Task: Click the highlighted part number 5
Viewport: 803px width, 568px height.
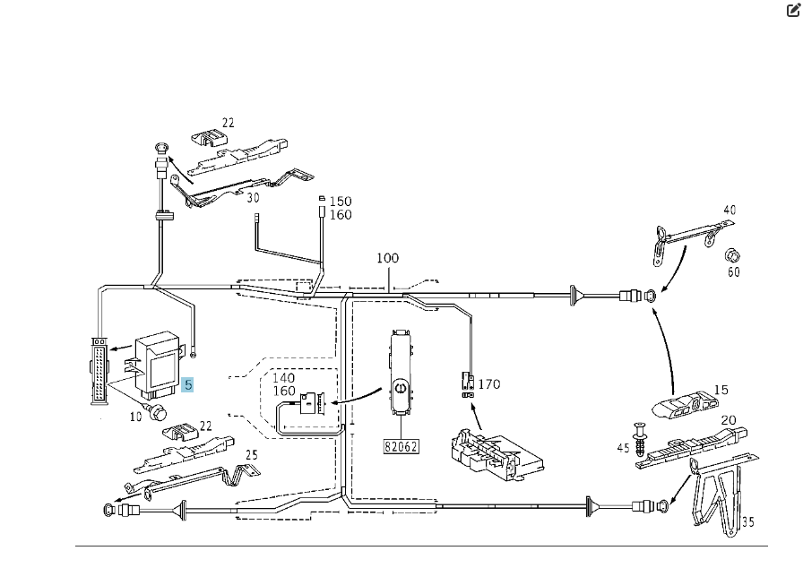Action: point(188,385)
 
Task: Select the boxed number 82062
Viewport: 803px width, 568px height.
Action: point(401,445)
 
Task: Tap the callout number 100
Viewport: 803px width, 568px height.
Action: point(387,258)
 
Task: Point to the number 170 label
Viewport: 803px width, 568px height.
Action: point(488,384)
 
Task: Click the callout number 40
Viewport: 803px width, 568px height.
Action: point(730,210)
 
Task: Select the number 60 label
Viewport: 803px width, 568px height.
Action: point(733,272)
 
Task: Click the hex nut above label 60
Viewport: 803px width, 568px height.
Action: point(730,254)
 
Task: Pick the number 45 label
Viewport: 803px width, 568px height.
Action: point(622,447)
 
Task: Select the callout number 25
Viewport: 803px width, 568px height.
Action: point(252,455)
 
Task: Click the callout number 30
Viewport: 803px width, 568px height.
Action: point(253,199)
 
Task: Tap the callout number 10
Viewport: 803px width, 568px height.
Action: point(136,416)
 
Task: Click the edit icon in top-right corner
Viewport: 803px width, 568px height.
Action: point(792,11)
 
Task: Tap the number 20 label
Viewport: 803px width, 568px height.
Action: point(729,420)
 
